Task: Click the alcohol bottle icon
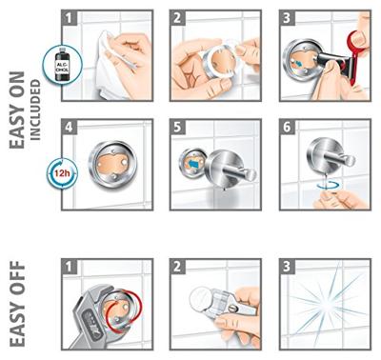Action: pos(63,66)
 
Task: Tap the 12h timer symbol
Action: pos(62,173)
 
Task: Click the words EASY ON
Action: pos(17,110)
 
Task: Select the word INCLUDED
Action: pos(35,110)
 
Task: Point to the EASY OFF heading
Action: pos(17,304)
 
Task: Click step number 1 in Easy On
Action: pos(70,18)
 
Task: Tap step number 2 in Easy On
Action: pos(177,18)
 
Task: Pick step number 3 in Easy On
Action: pos(287,18)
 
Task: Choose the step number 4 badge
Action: pos(70,127)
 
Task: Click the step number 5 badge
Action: pos(177,127)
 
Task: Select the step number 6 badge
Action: pos(287,127)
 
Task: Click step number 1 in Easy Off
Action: pos(70,267)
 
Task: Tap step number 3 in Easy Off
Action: pos(287,267)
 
